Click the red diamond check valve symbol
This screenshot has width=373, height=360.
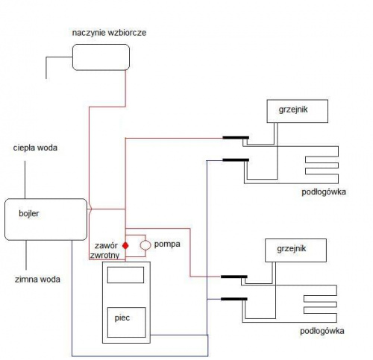[x=125, y=245]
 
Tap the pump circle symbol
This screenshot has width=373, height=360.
[x=145, y=245]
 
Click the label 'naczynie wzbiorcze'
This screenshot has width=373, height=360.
[x=109, y=33]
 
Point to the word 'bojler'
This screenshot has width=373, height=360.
[x=29, y=213]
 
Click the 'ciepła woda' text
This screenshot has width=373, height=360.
[x=35, y=148]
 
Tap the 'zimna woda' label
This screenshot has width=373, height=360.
[x=37, y=280]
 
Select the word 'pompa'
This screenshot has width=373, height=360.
[x=167, y=244]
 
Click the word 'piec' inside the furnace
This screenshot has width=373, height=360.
[x=122, y=318]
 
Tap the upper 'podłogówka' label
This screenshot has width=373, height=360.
[x=324, y=192]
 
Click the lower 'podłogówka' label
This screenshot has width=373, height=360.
[x=322, y=331]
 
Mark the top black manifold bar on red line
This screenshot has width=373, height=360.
[x=236, y=138]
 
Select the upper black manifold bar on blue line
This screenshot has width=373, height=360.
[x=236, y=160]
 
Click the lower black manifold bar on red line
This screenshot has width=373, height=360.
[x=234, y=277]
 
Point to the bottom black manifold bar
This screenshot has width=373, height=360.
[x=234, y=299]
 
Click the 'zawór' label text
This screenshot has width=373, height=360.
[x=106, y=246]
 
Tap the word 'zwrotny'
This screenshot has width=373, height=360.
[x=104, y=256]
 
